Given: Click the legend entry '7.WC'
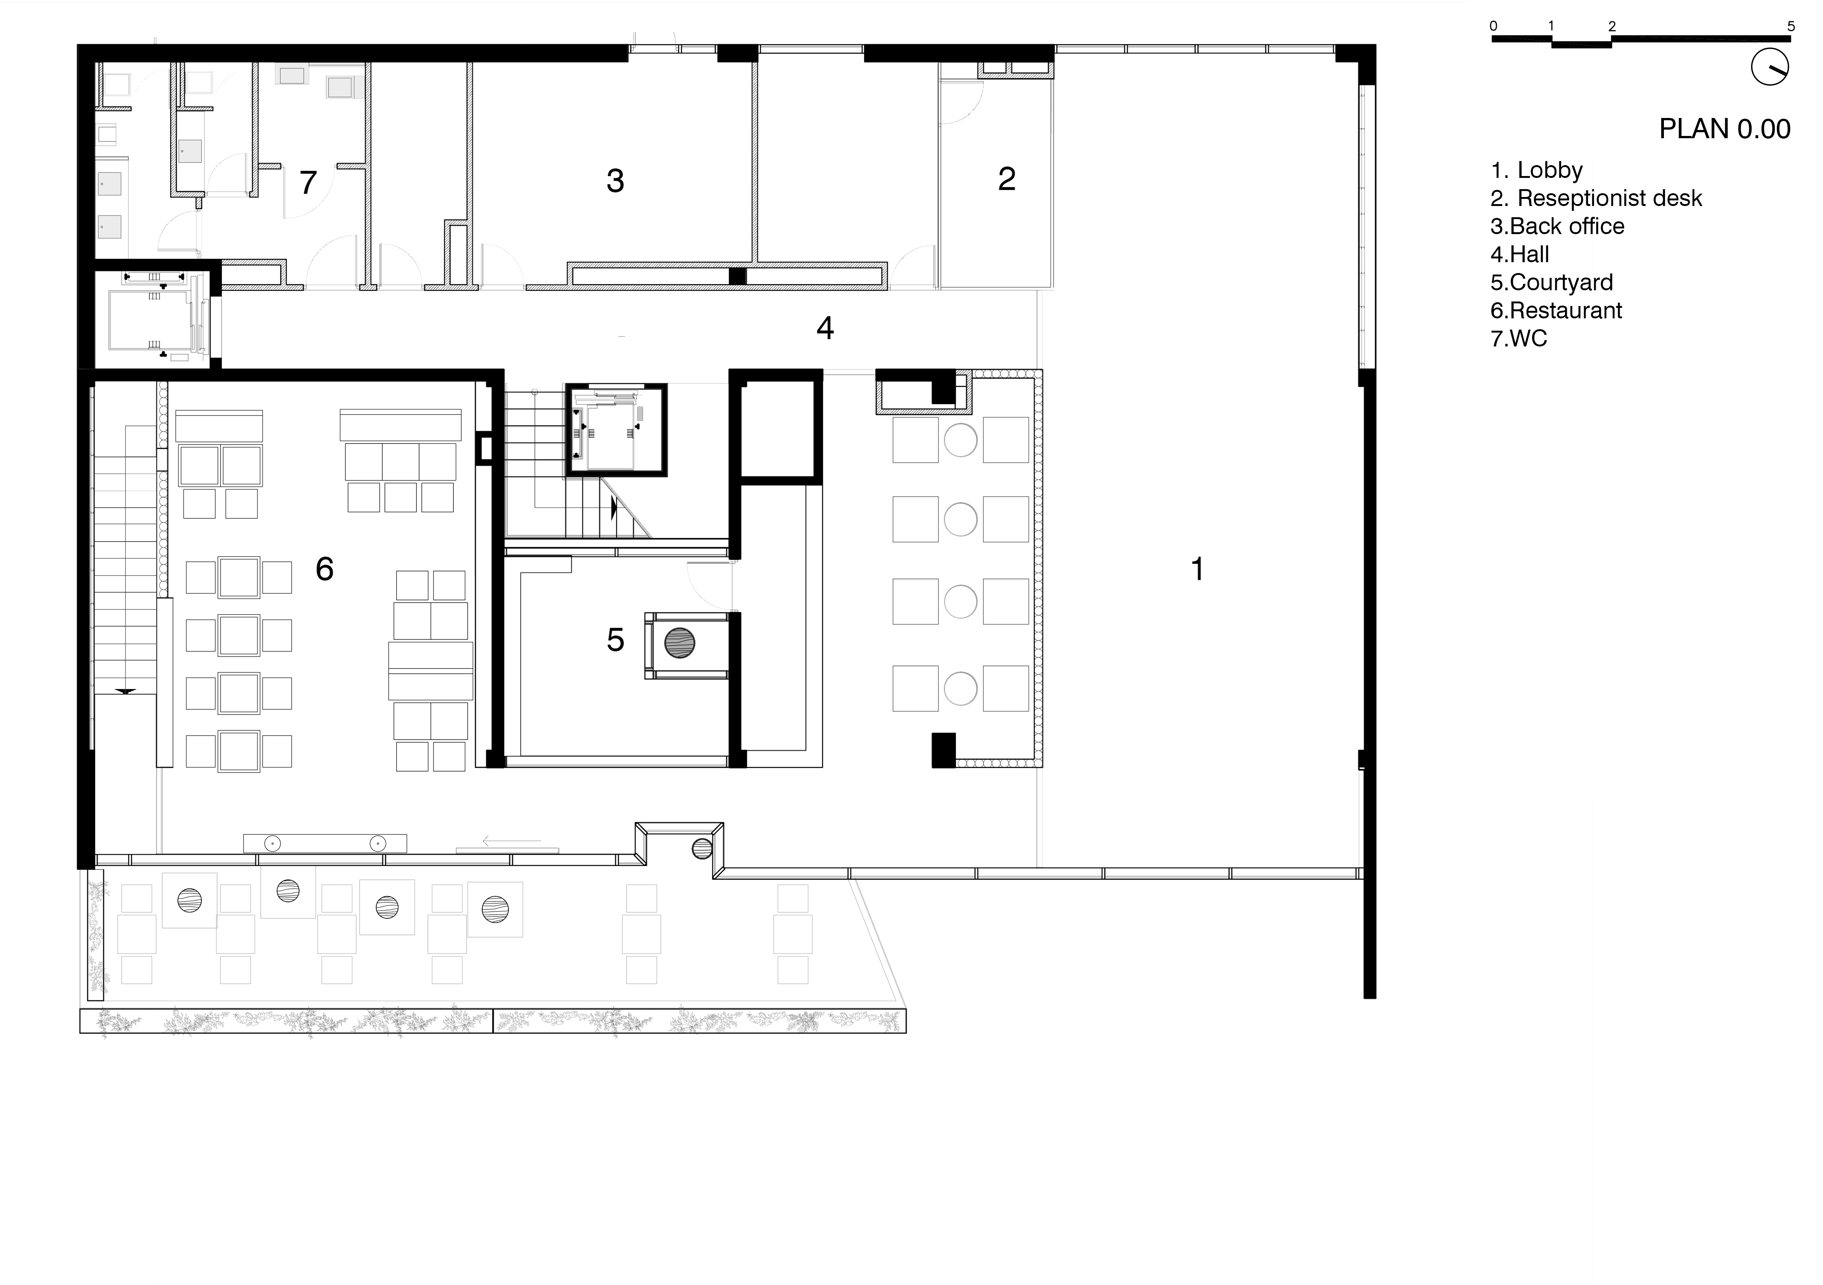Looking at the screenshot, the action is click(1519, 338).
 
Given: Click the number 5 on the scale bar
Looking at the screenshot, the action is click(1790, 26).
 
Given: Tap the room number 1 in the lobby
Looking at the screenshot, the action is click(1197, 569).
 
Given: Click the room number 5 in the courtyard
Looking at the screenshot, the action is click(615, 640).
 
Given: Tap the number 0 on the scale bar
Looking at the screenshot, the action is click(1494, 26).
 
